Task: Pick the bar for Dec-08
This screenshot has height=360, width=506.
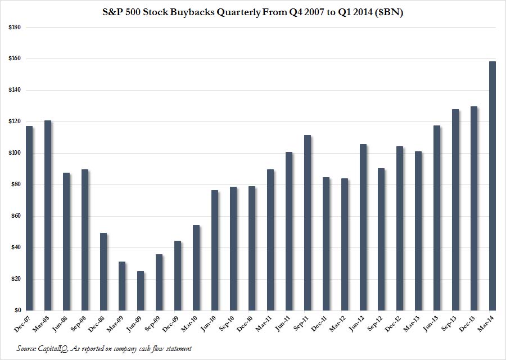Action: [103, 272]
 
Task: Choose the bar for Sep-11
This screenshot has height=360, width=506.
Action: [307, 223]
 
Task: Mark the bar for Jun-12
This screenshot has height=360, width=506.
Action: [363, 227]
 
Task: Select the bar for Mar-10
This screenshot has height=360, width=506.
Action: [196, 268]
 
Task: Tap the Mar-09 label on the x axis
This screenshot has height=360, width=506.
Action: [117, 322]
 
